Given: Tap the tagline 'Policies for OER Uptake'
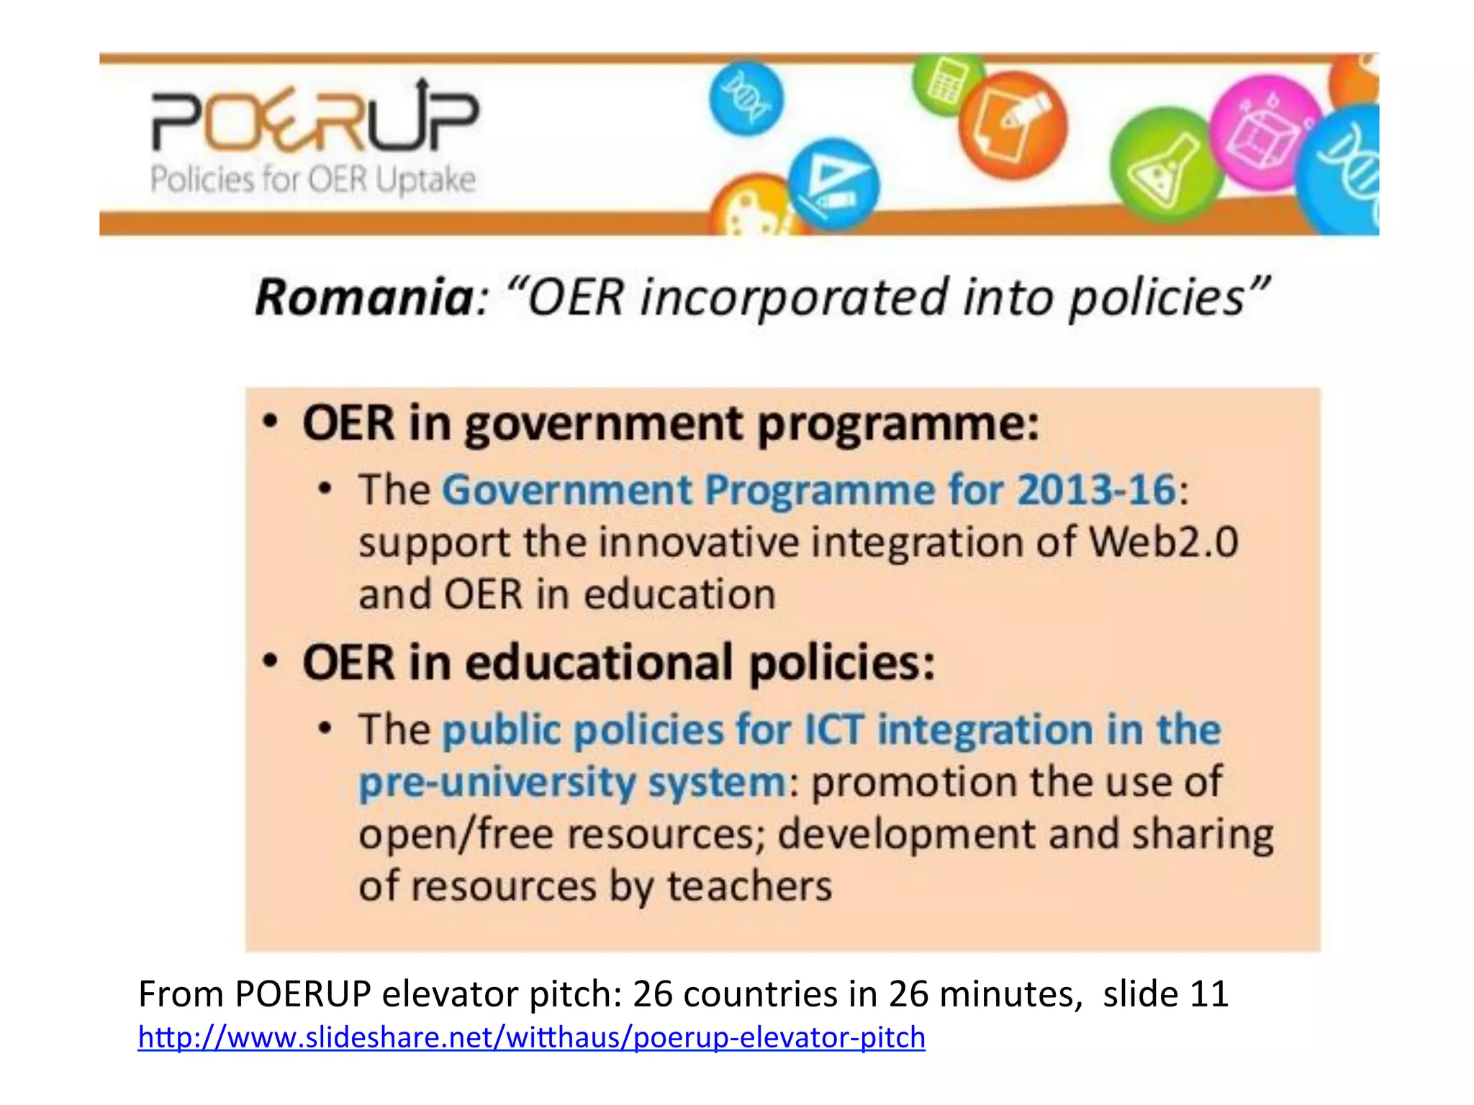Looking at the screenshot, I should [x=313, y=179].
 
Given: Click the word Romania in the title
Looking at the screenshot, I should [x=364, y=297].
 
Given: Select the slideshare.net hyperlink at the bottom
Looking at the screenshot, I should [x=531, y=1037].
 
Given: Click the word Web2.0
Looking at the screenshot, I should [x=1163, y=542].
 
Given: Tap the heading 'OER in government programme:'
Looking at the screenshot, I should [x=670, y=423].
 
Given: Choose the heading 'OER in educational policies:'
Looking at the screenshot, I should [x=618, y=662].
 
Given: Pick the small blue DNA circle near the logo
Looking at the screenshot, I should [x=746, y=99].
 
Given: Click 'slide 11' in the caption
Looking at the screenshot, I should [x=1165, y=994].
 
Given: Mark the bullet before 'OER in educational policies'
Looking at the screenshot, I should [x=269, y=661].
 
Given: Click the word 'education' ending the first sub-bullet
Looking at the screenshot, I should [x=679, y=595].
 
